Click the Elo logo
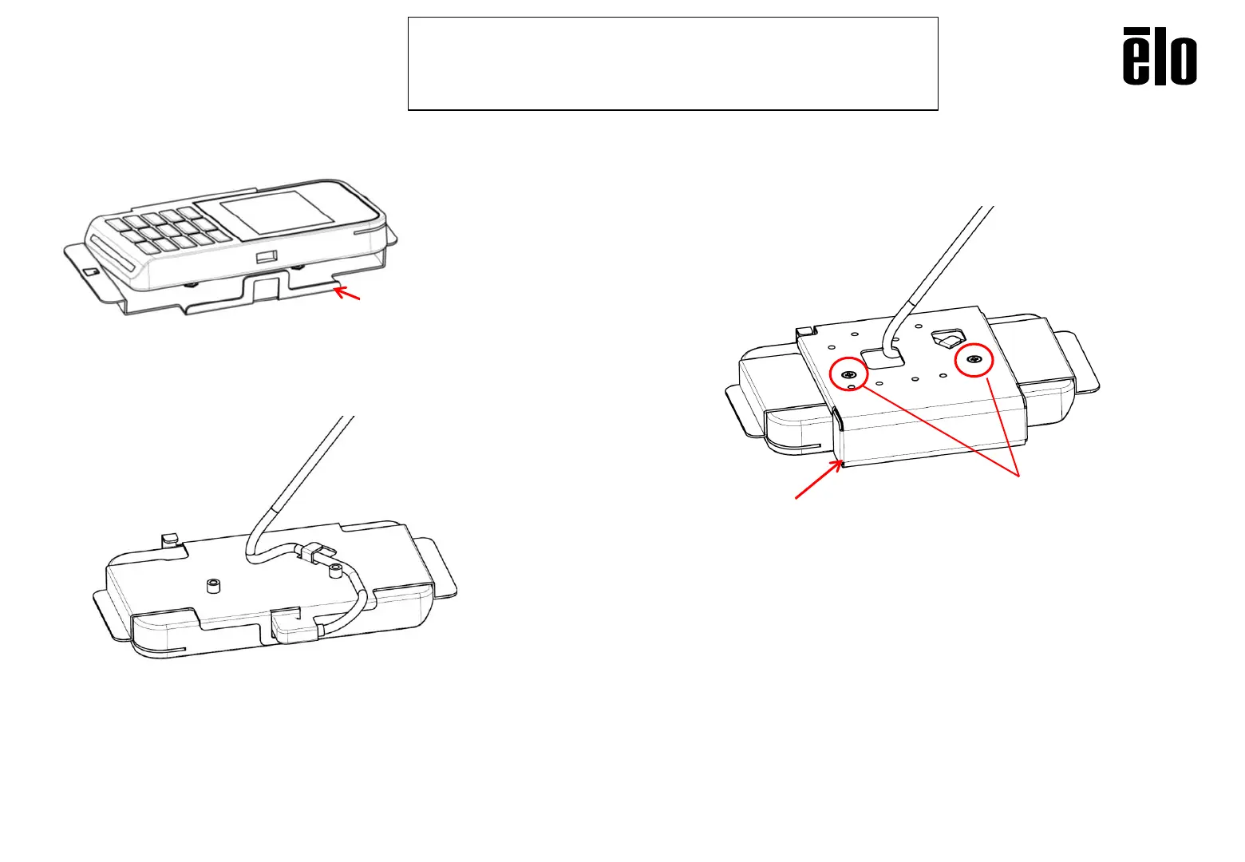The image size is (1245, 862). click(x=1160, y=56)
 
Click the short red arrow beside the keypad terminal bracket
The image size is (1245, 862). click(x=347, y=293)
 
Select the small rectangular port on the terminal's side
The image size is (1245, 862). click(x=267, y=257)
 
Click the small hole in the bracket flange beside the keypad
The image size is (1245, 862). click(x=91, y=272)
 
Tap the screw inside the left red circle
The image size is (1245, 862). click(x=848, y=374)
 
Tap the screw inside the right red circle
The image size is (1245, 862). click(x=974, y=360)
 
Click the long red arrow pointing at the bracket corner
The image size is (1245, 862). click(x=819, y=480)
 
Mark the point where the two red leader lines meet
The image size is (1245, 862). click(x=1019, y=476)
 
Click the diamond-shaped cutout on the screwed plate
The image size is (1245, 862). click(x=950, y=338)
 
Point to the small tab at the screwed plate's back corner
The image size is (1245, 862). click(x=804, y=331)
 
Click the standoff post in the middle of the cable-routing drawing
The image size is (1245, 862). click(x=211, y=586)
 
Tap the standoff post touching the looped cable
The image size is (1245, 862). click(x=335, y=572)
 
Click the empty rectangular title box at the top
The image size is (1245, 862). click(x=673, y=63)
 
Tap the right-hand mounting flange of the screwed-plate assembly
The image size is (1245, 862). click(x=1077, y=363)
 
